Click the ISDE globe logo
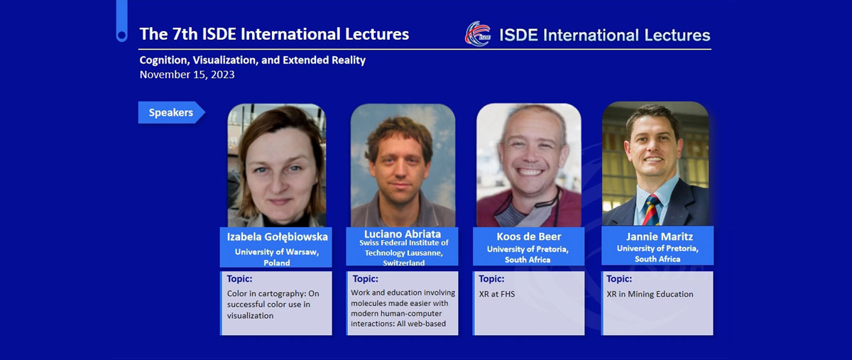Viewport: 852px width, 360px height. [x=478, y=33]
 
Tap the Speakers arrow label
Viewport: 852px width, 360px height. [x=172, y=113]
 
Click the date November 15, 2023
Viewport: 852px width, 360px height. [x=187, y=75]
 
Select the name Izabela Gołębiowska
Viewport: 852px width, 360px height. [x=278, y=237]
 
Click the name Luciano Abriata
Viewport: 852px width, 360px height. [x=403, y=234]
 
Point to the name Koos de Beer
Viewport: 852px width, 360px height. [x=529, y=236]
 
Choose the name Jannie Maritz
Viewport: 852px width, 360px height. [x=659, y=236]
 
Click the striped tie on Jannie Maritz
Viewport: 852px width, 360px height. [x=651, y=210]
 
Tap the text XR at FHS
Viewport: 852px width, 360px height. [x=497, y=294]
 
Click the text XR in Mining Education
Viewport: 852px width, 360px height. [x=650, y=294]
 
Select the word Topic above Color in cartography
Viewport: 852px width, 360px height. [x=239, y=279]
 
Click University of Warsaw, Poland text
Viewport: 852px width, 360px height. [x=276, y=257]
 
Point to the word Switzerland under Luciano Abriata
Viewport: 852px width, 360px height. [x=403, y=263]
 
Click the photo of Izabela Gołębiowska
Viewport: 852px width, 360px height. [x=276, y=165]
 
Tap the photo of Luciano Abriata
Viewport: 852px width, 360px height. [x=403, y=165]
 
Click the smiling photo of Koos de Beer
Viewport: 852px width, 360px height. [x=529, y=165]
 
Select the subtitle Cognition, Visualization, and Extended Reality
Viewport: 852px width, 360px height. [x=253, y=60]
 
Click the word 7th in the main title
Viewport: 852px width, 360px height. [x=185, y=34]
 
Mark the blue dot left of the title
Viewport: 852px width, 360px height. [x=121, y=36]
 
